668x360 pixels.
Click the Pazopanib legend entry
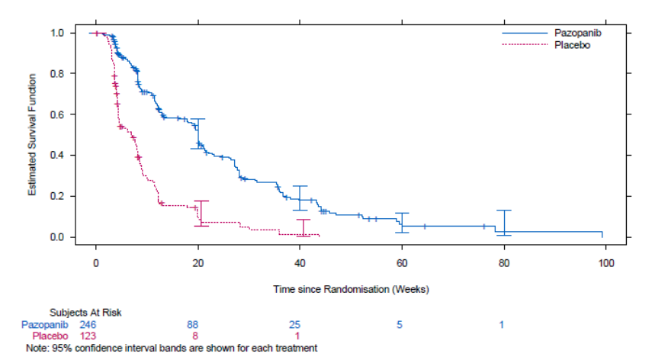(551, 33)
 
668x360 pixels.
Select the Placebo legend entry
(546, 45)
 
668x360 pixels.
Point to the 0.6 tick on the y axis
(57, 114)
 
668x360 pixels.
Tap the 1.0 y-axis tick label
(57, 33)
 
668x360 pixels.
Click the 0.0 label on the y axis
(57, 237)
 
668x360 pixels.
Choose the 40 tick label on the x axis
(300, 263)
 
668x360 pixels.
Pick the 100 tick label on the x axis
(605, 263)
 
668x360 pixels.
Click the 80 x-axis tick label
(504, 263)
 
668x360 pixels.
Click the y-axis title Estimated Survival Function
(32, 135)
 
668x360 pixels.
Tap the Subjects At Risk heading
(85, 312)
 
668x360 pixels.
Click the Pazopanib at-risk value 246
(88, 325)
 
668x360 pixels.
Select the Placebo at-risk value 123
(88, 336)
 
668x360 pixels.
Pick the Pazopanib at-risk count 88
(193, 325)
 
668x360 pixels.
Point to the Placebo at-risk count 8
(195, 336)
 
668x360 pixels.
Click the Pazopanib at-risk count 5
(399, 325)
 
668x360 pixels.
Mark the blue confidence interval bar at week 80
(504, 223)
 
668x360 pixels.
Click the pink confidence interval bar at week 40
(303, 227)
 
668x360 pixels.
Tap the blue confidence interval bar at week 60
(402, 223)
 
